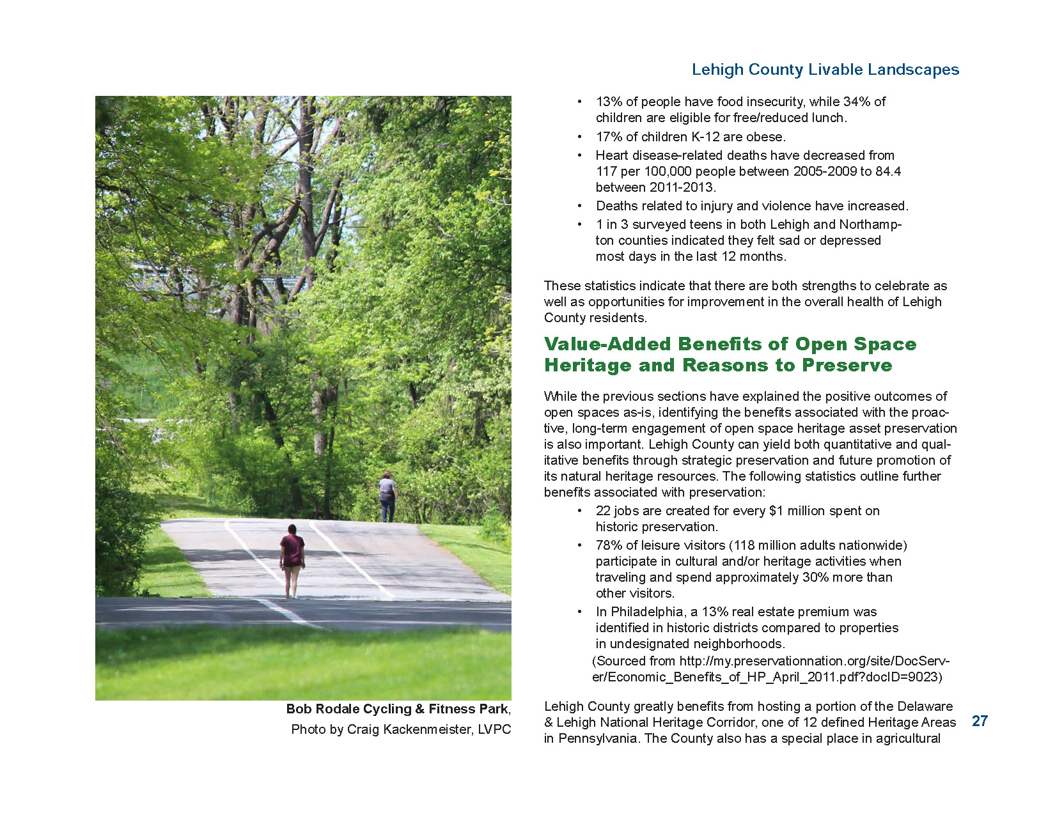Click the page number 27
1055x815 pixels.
pyautogui.click(x=980, y=721)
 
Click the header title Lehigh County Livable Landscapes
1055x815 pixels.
pyautogui.click(x=825, y=70)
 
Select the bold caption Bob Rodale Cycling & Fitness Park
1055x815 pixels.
pyautogui.click(x=397, y=709)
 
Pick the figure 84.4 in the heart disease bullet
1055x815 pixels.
pyautogui.click(x=888, y=171)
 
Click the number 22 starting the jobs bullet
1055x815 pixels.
pyautogui.click(x=603, y=511)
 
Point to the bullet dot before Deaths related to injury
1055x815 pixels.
pyautogui.click(x=579, y=206)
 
